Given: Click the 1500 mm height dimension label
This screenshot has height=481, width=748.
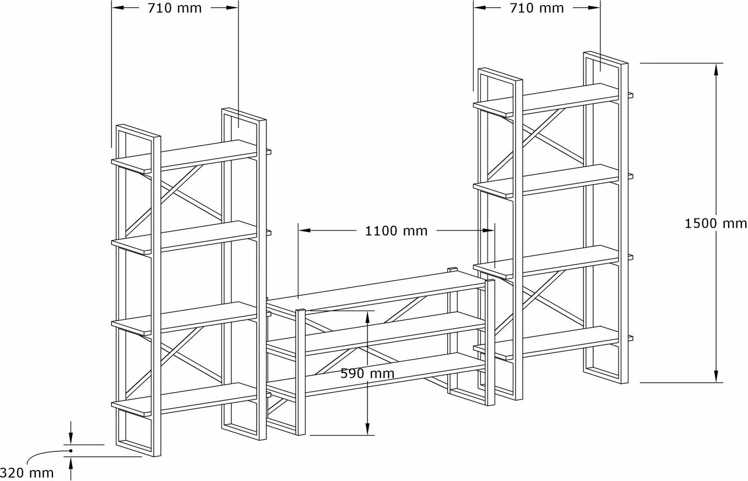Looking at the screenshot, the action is pyautogui.click(x=716, y=223).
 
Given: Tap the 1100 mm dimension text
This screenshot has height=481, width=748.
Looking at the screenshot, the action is pyautogui.click(x=396, y=231).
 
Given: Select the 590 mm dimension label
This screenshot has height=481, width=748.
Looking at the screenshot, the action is pyautogui.click(x=367, y=373).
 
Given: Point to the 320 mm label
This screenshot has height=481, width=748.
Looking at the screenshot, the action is pyautogui.click(x=26, y=473).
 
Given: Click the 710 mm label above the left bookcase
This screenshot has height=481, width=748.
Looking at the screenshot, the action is pyautogui.click(x=175, y=8).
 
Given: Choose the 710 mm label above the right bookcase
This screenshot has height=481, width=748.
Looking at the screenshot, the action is pyautogui.click(x=536, y=8).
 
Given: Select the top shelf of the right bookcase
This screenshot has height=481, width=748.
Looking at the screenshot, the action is pyautogui.click(x=553, y=99).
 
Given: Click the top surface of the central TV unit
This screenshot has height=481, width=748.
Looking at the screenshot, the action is pyautogui.click(x=376, y=290).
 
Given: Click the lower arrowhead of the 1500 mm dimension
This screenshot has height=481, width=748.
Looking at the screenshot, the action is pyautogui.click(x=716, y=376).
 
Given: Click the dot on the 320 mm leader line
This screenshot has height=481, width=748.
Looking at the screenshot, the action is pyautogui.click(x=71, y=451).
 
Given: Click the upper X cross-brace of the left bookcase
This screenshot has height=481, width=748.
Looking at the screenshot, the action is pyautogui.click(x=174, y=201).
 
